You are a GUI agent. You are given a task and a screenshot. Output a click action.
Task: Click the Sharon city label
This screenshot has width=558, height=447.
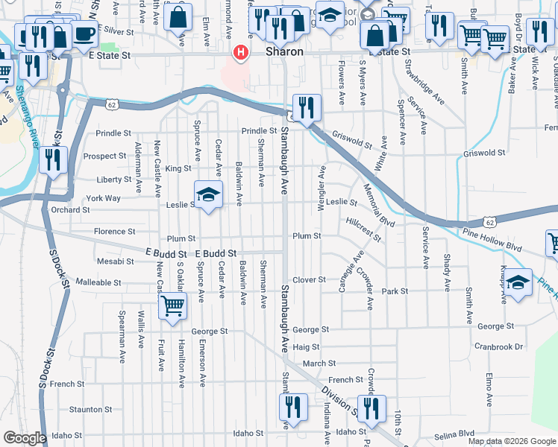(285, 52)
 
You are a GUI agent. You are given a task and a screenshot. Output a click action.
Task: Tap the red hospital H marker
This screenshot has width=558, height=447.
(241, 52)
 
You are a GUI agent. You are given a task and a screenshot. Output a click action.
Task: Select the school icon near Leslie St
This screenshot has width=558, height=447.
(209, 195)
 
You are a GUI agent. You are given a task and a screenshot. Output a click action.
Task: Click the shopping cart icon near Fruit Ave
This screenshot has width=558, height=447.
(173, 305)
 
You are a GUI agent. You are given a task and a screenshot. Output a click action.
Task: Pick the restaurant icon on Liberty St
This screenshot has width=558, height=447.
(53, 160)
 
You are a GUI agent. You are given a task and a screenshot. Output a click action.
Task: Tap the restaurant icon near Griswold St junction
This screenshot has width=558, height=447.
(306, 109)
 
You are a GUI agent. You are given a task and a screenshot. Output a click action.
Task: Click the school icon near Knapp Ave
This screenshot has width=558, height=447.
(518, 282)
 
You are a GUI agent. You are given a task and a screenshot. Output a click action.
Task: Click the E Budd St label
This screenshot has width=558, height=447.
(216, 253)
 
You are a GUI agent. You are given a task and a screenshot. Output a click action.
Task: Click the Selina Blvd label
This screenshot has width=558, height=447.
(455, 433)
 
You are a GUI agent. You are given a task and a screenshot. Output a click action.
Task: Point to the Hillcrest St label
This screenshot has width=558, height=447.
(364, 229)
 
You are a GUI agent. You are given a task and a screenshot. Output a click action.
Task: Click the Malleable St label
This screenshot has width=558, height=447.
(98, 283)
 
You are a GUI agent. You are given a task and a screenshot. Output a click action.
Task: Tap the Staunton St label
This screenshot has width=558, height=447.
(90, 409)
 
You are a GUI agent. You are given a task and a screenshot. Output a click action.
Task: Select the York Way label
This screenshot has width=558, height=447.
(103, 198)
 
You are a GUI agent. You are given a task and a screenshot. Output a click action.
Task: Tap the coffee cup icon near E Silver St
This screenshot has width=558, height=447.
(83, 34)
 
